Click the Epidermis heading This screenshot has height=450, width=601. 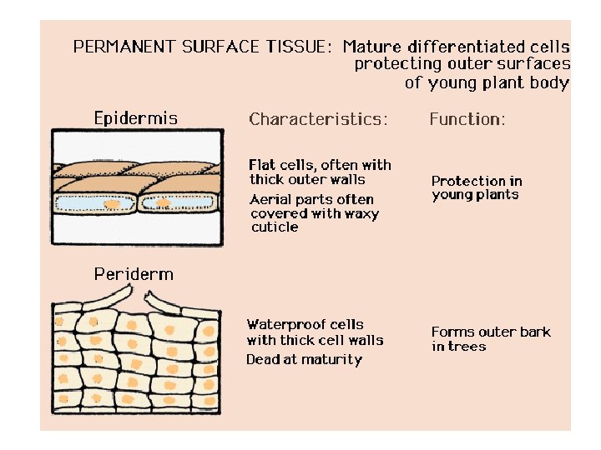click(135, 118)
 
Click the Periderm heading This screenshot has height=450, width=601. click(134, 273)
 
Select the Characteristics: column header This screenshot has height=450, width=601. click(318, 119)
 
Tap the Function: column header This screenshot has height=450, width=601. click(467, 119)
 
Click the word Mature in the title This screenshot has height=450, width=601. click(372, 47)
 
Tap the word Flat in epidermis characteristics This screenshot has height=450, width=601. click(262, 165)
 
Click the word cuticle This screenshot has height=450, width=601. click(274, 227)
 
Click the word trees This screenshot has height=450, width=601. click(467, 346)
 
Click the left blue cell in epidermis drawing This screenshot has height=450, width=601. click(93, 203)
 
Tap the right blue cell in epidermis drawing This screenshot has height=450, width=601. click(179, 202)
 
